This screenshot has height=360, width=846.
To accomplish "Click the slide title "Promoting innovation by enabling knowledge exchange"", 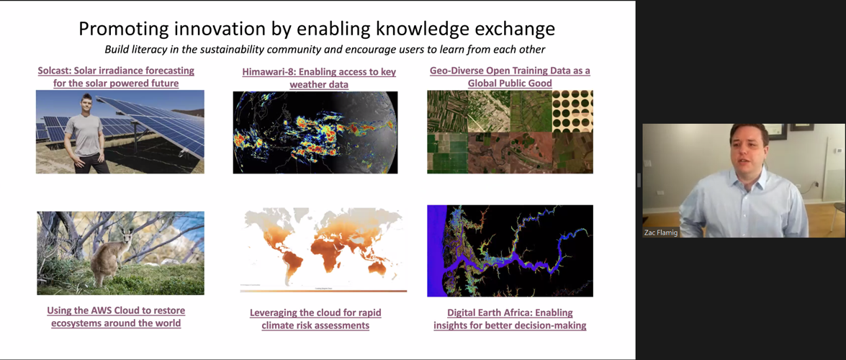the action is pos(317,29).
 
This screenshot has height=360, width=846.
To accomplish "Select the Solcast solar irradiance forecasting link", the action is pos(116,76).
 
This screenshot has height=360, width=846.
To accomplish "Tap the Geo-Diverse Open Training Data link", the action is pos(510,76).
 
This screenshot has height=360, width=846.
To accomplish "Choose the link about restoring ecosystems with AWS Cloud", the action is pos(116,317).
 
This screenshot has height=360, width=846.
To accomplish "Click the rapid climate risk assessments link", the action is pos(315,319).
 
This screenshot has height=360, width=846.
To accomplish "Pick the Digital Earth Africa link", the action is pos(510,319).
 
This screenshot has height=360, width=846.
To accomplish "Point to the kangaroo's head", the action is pos(127,235).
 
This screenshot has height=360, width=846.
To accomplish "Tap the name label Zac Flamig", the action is pos(660,233).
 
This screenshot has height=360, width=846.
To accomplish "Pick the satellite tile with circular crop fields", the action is pos(572,111).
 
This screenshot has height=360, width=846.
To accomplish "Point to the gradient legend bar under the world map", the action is pos(324,291).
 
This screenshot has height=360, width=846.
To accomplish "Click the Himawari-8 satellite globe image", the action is pos(315,132).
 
